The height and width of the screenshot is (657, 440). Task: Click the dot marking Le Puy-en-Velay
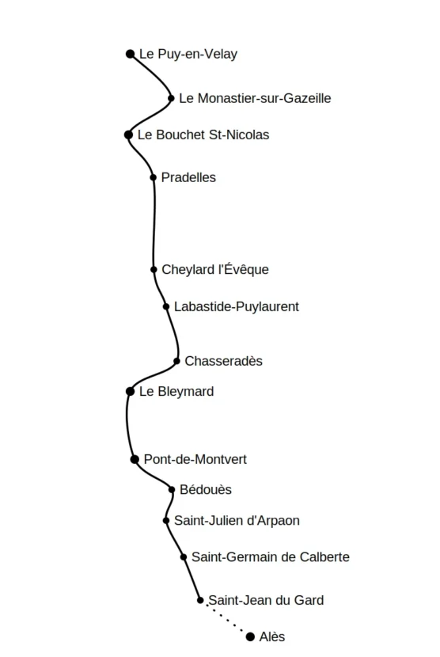click(131, 54)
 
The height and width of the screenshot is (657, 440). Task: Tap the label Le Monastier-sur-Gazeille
click(255, 98)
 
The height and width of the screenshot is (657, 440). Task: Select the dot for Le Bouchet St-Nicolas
click(129, 135)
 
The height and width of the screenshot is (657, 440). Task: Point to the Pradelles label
click(188, 177)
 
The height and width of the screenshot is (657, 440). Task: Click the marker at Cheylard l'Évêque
click(154, 269)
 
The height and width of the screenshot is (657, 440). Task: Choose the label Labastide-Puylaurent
click(237, 306)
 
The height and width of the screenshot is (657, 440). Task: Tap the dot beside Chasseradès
click(176, 361)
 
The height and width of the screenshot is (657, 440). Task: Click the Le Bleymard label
click(176, 392)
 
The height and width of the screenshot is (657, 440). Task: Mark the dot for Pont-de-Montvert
click(135, 460)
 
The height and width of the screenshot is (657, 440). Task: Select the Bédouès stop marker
click(172, 490)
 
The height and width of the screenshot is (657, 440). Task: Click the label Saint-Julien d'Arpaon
click(237, 521)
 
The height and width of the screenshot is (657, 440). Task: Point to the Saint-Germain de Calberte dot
click(184, 557)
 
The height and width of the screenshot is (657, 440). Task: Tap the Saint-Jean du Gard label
click(266, 601)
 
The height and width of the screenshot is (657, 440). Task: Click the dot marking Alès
click(251, 637)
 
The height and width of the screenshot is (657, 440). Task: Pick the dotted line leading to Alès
click(226, 618)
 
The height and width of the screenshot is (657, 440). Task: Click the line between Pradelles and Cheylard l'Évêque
click(154, 223)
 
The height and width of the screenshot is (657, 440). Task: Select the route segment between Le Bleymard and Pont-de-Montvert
click(127, 425)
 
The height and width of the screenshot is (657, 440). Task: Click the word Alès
click(272, 637)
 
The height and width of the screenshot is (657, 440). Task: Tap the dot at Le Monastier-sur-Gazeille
click(171, 98)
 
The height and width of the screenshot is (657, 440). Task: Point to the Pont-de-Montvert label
click(195, 460)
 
